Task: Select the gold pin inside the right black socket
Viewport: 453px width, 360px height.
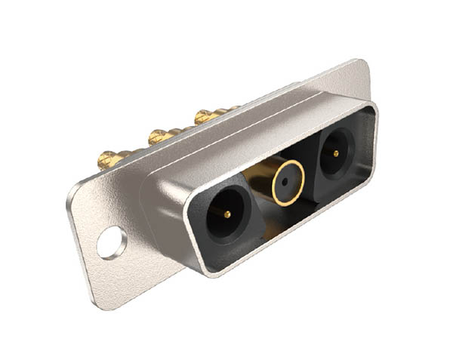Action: point(334,152)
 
